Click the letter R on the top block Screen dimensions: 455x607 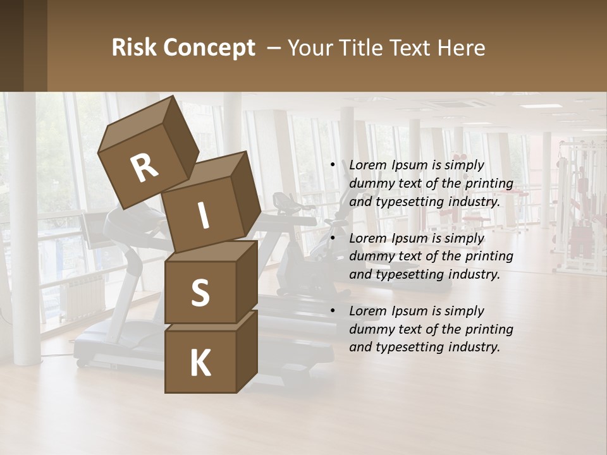click(x=144, y=168)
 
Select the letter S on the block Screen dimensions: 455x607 click(x=200, y=293)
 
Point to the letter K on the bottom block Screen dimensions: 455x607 click(x=200, y=363)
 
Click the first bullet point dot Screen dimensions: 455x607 click(x=333, y=166)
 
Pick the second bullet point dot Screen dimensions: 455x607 click(x=333, y=238)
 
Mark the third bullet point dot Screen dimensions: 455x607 click(x=333, y=311)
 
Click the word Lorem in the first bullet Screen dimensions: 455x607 click(x=367, y=165)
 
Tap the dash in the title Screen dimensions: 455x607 click(x=274, y=47)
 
